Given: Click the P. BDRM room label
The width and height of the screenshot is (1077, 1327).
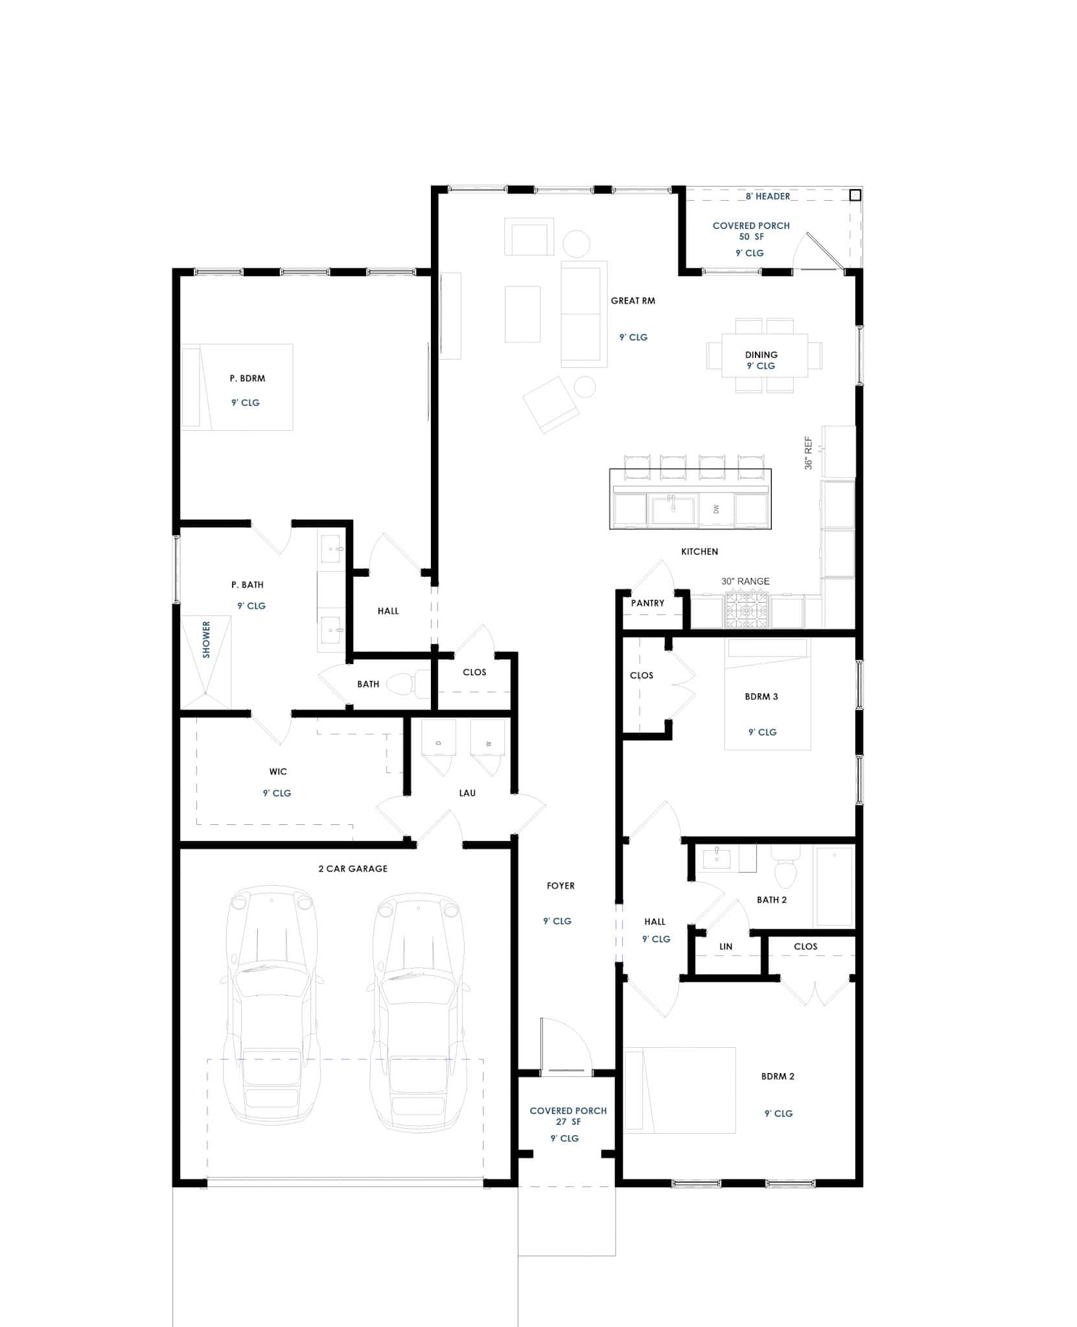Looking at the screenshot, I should pyautogui.click(x=248, y=378).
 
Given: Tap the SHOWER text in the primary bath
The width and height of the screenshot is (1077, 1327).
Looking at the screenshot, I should pyautogui.click(x=207, y=640).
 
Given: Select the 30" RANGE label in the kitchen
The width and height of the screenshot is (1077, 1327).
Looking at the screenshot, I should pyautogui.click(x=745, y=581).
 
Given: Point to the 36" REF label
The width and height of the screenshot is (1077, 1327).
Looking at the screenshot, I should pyautogui.click(x=808, y=453).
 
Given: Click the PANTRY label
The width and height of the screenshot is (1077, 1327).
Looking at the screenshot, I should pyautogui.click(x=647, y=603).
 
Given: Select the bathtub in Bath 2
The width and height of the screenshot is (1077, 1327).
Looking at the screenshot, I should pyautogui.click(x=834, y=886).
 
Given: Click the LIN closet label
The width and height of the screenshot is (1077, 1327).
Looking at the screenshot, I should pyautogui.click(x=726, y=947).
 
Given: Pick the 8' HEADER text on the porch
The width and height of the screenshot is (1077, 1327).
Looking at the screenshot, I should pyautogui.click(x=767, y=196).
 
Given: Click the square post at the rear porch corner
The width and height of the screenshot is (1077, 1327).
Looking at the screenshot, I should pyautogui.click(x=855, y=194).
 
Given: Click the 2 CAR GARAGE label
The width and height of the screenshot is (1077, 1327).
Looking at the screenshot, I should pyautogui.click(x=353, y=869).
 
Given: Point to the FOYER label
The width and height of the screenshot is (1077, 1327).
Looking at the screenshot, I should pyautogui.click(x=561, y=886).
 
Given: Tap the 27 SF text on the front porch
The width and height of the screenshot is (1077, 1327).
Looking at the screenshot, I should pyautogui.click(x=568, y=1122).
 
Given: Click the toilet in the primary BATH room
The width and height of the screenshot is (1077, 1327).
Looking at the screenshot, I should pyautogui.click(x=402, y=684).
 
